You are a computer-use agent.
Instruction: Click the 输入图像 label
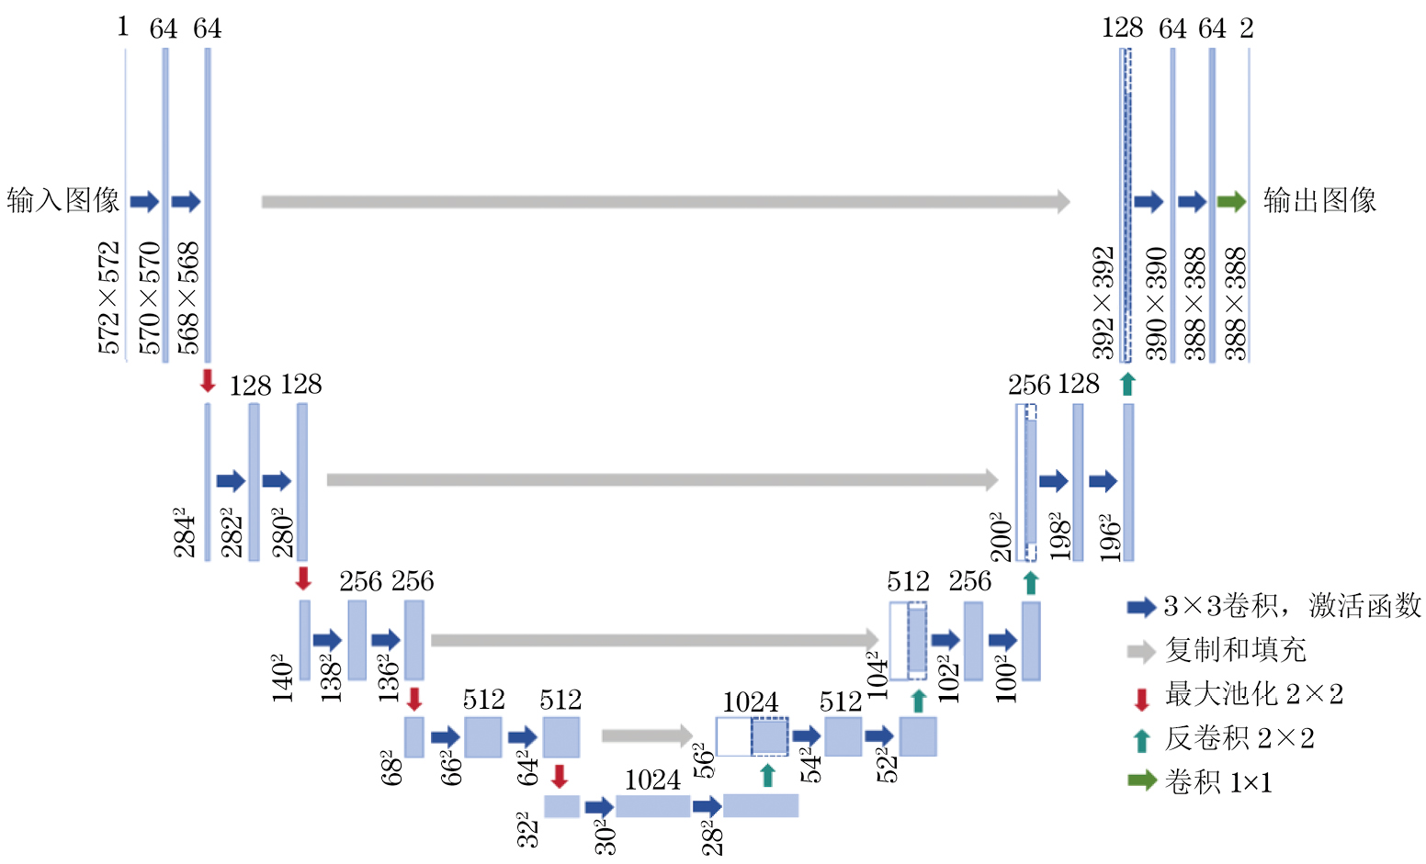(62, 200)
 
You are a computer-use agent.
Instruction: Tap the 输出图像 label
(1319, 200)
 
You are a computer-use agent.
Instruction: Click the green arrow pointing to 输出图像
(1231, 202)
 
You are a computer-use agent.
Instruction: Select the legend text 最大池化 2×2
(1254, 694)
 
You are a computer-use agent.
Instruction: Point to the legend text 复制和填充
(1235, 650)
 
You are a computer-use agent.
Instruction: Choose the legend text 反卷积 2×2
(1239, 738)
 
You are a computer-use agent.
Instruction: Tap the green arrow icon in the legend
(1141, 781)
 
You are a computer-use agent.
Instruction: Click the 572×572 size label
(109, 297)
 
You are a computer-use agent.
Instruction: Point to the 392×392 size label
(1103, 302)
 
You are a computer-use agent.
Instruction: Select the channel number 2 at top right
(1246, 28)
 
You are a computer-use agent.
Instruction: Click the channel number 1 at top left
(122, 27)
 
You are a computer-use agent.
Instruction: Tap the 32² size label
(526, 828)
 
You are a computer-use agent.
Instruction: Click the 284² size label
(185, 532)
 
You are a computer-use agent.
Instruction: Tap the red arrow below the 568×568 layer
(208, 381)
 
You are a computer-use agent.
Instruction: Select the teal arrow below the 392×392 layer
(1127, 384)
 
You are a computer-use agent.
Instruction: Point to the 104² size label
(878, 675)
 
